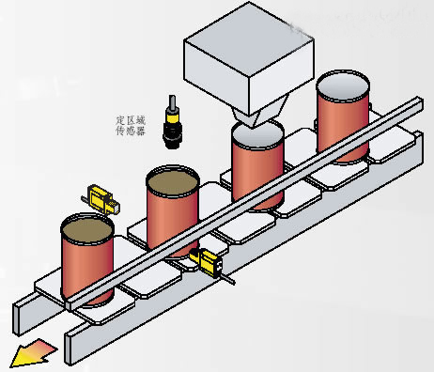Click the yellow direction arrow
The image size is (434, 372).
point(33,352)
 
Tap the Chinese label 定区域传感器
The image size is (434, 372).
point(131,126)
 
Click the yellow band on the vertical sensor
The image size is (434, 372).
point(173,118)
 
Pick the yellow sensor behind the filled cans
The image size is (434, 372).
point(101,200)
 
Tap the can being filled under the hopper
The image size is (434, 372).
point(257,166)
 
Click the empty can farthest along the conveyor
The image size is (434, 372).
point(343,116)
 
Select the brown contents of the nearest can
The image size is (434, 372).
point(87,230)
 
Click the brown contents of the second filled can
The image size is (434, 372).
point(173,182)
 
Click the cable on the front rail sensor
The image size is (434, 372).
point(228,279)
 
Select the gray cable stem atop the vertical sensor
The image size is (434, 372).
point(172,101)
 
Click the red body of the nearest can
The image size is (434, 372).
point(87,270)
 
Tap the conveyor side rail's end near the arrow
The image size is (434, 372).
point(70,349)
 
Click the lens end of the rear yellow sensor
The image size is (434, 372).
point(115,208)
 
